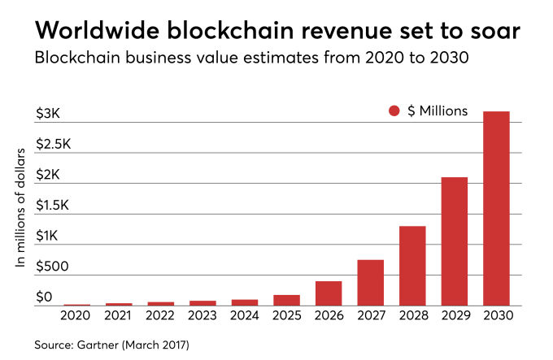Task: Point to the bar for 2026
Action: pyautogui.click(x=329, y=293)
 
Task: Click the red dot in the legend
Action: pyautogui.click(x=395, y=111)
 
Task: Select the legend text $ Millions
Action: pyautogui.click(x=438, y=111)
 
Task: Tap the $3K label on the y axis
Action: pyautogui.click(x=48, y=115)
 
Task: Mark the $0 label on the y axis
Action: pyautogui.click(x=44, y=297)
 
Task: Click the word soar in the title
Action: pyautogui.click(x=489, y=31)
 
